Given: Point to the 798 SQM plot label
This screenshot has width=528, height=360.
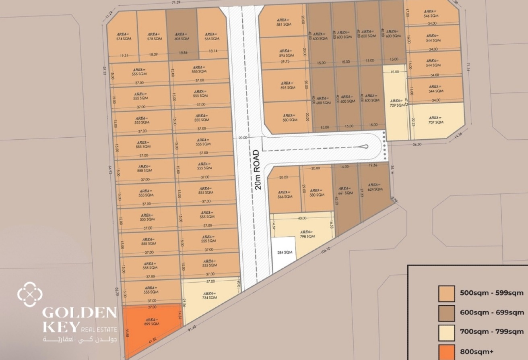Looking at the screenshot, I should click(307, 234).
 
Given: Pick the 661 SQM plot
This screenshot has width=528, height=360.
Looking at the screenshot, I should click(345, 191).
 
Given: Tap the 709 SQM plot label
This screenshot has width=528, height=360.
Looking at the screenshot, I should click(397, 103).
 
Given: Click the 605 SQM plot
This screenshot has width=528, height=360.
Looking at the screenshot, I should click(182, 36).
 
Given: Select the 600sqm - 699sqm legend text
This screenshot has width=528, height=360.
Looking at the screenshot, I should click(492, 312).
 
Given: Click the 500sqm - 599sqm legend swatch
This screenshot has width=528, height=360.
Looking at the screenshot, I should click(447, 294).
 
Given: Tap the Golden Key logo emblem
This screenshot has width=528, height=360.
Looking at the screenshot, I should click(30, 294).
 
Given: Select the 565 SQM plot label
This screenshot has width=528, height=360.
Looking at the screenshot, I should click(212, 37).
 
